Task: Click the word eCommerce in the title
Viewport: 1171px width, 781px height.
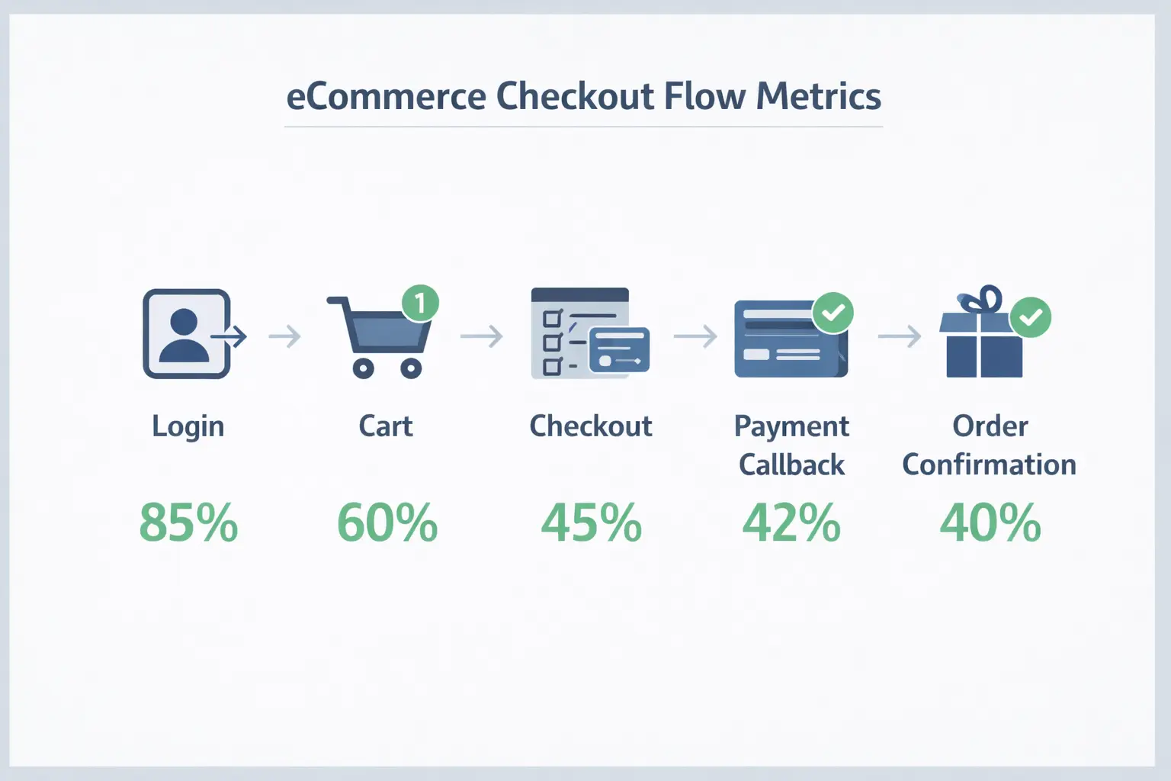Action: point(387,97)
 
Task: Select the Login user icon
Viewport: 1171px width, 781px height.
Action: point(194,334)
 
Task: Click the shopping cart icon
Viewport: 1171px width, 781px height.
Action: point(380,336)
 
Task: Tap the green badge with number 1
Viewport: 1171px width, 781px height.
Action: point(420,303)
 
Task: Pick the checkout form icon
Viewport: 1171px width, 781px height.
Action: point(590,333)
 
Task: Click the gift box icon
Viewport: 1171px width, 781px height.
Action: point(980,332)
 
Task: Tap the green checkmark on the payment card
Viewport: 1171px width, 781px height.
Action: point(833,313)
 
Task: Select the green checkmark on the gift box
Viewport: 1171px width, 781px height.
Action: point(1031,317)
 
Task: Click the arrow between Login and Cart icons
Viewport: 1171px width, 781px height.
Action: point(285,336)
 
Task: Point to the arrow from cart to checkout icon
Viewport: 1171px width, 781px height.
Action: point(482,336)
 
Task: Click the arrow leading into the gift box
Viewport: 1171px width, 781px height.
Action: point(899,336)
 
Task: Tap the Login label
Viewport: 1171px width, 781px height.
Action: point(188,427)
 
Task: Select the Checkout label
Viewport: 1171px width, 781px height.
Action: point(591,426)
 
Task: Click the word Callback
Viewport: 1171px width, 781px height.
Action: point(791,464)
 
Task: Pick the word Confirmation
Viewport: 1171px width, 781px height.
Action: point(989,464)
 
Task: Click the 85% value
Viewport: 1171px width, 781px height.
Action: point(189,522)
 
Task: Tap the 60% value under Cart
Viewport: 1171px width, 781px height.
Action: point(387,522)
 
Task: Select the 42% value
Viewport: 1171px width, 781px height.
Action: point(791,522)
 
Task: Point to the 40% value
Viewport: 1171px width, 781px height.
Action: point(990,522)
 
